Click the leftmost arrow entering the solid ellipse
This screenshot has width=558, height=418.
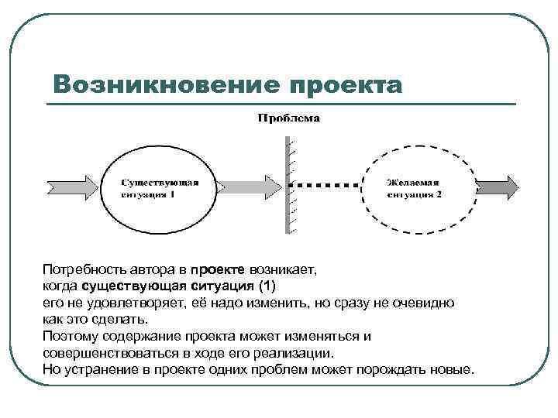[73, 186]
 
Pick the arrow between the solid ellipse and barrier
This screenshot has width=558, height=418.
[247, 186]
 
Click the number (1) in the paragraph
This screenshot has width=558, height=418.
[276, 286]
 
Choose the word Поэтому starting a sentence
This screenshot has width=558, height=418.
[69, 336]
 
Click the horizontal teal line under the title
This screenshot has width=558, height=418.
[279, 104]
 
